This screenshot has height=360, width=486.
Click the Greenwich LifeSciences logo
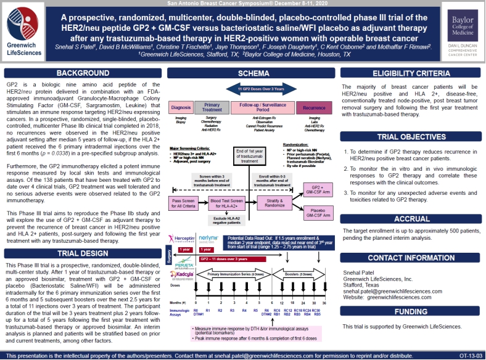25,31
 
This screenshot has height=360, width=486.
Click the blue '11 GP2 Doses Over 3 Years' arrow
252,90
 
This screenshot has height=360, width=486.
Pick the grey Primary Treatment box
212,108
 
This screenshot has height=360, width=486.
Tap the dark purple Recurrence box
314,108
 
